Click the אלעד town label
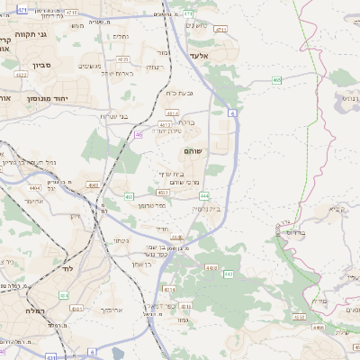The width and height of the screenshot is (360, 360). (x=200, y=56)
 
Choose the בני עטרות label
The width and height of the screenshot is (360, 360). (x=112, y=116)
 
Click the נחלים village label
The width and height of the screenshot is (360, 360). (x=121, y=36)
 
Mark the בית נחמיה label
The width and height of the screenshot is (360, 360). (x=206, y=208)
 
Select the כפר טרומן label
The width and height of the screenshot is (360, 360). (x=150, y=205)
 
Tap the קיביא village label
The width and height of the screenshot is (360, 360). (x=337, y=209)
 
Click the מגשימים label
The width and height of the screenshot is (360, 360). (x=90, y=66)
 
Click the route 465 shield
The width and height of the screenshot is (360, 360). (x=277, y=81)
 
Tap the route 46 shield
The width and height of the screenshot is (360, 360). (x=139, y=135)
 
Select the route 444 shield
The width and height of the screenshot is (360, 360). (x=205, y=195)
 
